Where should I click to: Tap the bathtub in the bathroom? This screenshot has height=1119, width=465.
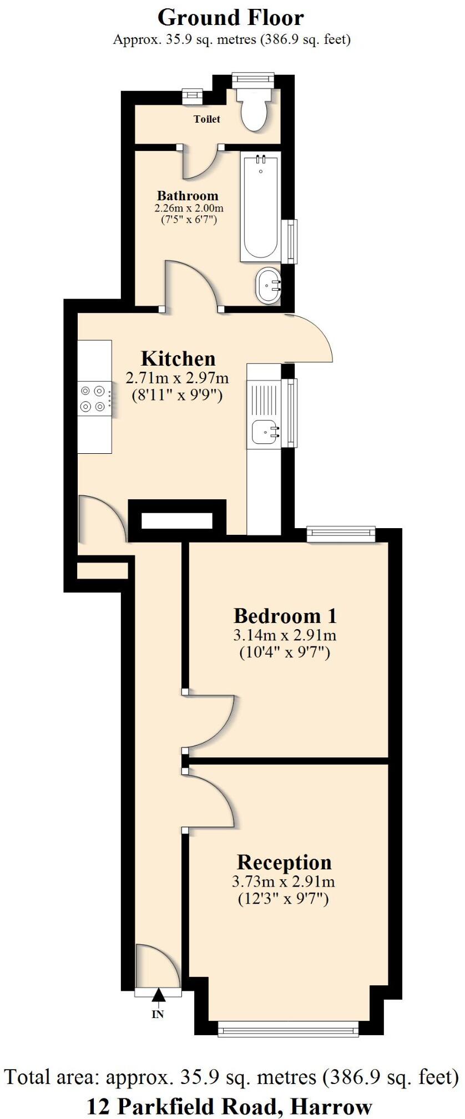(260, 207)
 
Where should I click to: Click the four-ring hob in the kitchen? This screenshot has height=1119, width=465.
(93, 398)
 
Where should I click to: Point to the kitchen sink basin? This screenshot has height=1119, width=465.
(266, 431)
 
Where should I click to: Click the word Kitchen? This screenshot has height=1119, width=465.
(178, 358)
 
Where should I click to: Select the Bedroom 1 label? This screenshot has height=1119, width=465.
(285, 616)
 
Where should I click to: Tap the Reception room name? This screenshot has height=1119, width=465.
(284, 862)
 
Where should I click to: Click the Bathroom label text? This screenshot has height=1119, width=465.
(188, 195)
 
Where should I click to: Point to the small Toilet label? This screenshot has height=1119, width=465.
(206, 119)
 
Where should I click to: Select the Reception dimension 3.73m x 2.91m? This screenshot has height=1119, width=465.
(283, 881)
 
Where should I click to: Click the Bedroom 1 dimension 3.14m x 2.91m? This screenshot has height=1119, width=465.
(285, 635)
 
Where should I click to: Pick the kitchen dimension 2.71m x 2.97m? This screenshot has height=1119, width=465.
(177, 378)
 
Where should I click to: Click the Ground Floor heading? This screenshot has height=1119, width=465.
(231, 18)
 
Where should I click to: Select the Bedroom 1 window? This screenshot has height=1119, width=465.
(341, 534)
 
